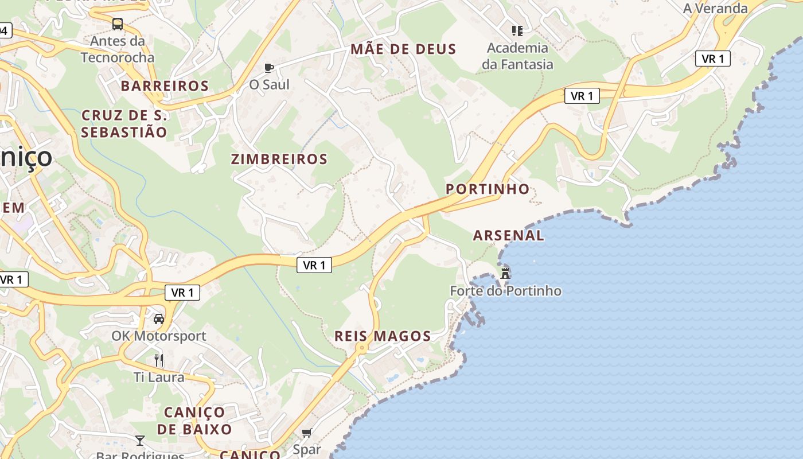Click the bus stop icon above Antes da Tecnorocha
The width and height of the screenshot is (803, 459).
(x=118, y=24)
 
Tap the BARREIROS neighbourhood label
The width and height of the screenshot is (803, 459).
(x=165, y=86)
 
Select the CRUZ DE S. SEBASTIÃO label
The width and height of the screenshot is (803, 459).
(x=124, y=124)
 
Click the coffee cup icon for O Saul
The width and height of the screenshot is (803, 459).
(x=268, y=68)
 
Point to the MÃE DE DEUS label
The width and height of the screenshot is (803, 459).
(x=403, y=49)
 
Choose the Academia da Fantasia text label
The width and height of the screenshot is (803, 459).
(x=517, y=56)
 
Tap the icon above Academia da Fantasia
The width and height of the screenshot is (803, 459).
(x=517, y=30)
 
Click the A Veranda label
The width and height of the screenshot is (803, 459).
(x=715, y=8)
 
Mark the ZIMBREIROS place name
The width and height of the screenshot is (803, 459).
(x=279, y=160)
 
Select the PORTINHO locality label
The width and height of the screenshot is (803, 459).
(x=488, y=189)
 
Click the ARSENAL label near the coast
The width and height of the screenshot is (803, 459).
(x=508, y=235)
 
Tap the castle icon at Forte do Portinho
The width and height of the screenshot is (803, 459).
(x=505, y=273)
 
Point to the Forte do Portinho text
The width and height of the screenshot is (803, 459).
(x=505, y=291)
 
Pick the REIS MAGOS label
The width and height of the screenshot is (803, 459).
(x=383, y=336)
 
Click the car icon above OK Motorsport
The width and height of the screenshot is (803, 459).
(x=159, y=318)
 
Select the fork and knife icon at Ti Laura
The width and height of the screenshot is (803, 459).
(x=159, y=360)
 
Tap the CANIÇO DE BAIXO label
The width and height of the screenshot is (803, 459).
(x=194, y=421)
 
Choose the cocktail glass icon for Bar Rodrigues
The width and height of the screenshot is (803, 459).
(x=140, y=441)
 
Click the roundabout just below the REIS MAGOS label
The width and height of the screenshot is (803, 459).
(x=361, y=348)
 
